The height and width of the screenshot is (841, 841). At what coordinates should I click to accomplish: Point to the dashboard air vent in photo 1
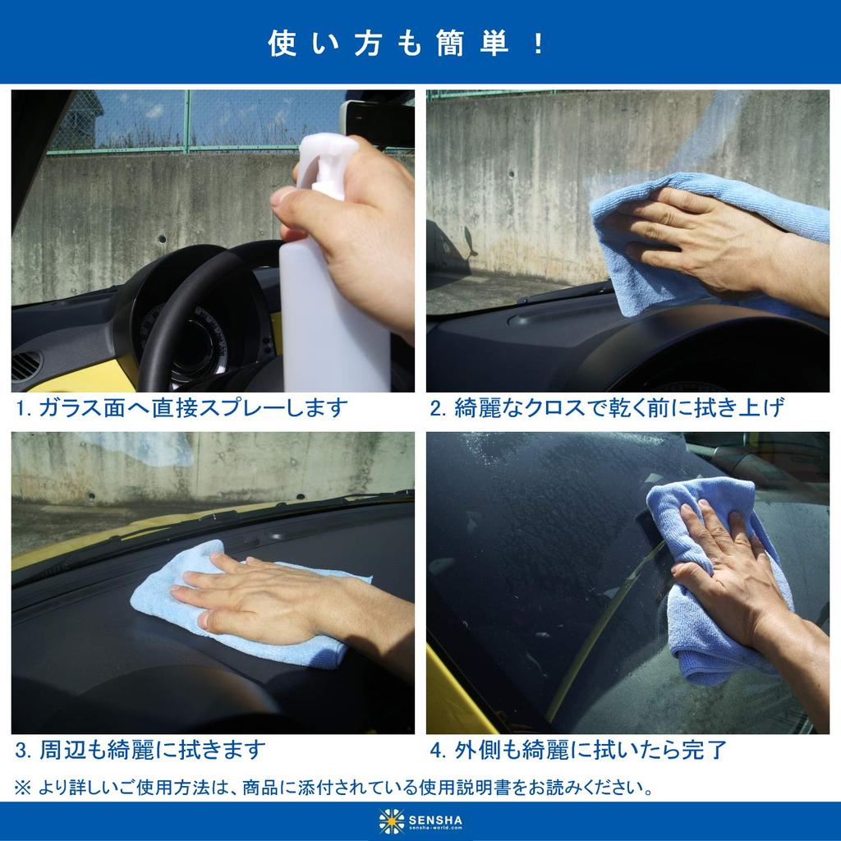tap(25, 365)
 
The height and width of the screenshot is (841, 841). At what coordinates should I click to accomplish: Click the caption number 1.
tap(22, 407)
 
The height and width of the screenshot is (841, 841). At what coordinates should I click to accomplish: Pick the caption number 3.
tap(22, 750)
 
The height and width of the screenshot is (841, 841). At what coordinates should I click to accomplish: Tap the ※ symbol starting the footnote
tap(23, 789)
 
